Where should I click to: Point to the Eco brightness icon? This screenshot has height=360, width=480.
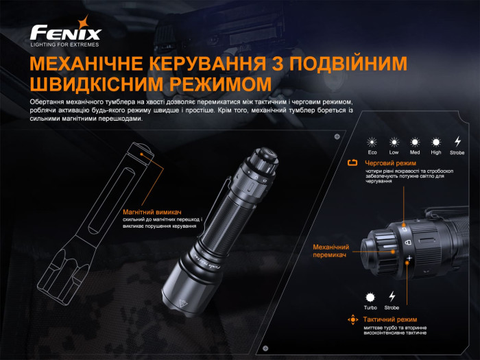click(x=372, y=141)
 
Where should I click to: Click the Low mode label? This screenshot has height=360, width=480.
click(x=394, y=152)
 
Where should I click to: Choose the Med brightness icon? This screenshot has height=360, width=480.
click(x=415, y=141)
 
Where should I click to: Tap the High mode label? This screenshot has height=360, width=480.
click(x=436, y=152)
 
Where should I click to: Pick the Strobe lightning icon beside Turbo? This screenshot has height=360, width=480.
click(x=392, y=296)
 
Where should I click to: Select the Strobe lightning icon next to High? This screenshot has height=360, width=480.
click(x=458, y=141)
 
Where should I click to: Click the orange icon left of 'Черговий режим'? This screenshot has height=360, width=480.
click(x=353, y=163)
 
